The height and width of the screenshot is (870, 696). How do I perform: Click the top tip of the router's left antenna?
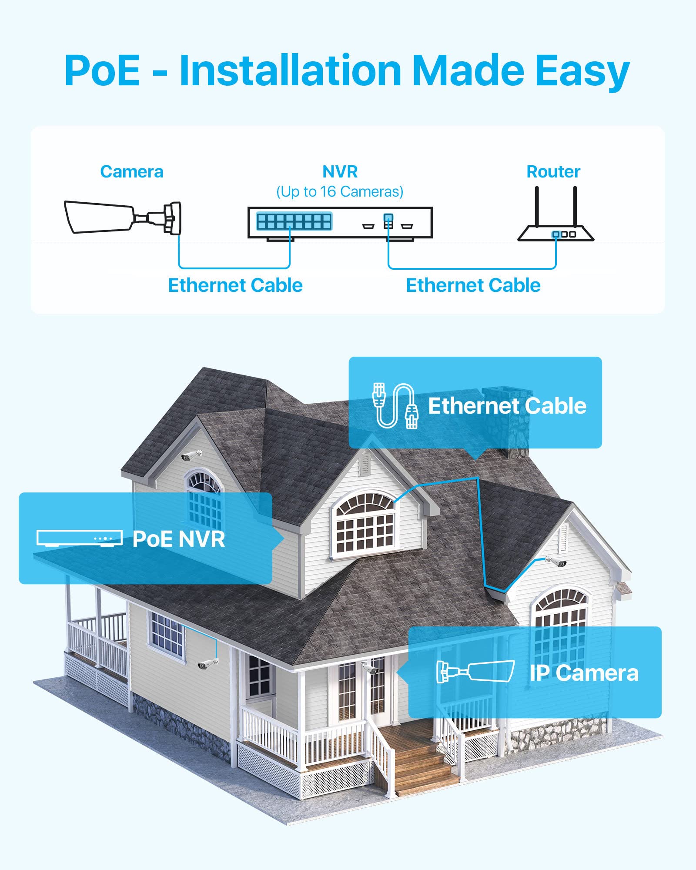pyautogui.click(x=537, y=187)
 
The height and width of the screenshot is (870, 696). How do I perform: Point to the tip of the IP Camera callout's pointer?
pyautogui.click(x=397, y=673)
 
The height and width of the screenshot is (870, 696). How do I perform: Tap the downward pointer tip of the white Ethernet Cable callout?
pyautogui.click(x=475, y=460)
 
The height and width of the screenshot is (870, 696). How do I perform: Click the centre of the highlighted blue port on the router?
pyautogui.click(x=556, y=234)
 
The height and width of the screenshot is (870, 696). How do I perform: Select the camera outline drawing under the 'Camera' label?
pyautogui.click(x=123, y=217)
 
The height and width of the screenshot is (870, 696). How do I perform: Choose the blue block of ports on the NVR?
pyautogui.click(x=294, y=221)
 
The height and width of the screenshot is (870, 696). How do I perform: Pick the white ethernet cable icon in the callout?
pyautogui.click(x=395, y=405)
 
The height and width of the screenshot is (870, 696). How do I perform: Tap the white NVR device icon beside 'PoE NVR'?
pyautogui.click(x=80, y=538)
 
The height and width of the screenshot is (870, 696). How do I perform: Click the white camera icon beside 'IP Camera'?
pyautogui.click(x=475, y=672)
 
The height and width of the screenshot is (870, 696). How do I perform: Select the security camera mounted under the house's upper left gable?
pyautogui.click(x=192, y=455)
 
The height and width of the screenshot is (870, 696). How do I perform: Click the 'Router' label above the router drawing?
pyautogui.click(x=553, y=172)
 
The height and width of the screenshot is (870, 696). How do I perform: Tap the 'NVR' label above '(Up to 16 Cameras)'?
pyautogui.click(x=340, y=172)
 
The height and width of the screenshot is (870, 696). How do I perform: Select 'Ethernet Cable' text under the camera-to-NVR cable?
pyautogui.click(x=235, y=285)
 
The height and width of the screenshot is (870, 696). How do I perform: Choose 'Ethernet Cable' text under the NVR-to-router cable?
pyautogui.click(x=473, y=285)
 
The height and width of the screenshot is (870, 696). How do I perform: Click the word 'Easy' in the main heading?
pyautogui.click(x=582, y=72)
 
